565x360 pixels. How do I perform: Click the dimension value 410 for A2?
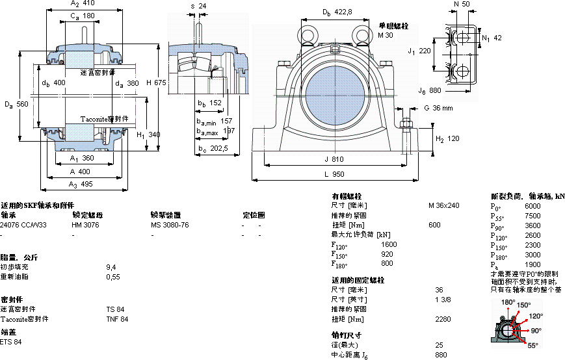click(90, 4)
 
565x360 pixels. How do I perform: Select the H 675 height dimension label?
click(156, 83)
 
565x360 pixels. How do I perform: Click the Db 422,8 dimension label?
click(337, 12)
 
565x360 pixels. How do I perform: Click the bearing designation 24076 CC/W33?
click(23, 224)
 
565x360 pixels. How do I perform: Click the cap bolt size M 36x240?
click(443, 205)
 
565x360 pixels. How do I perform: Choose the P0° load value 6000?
click(532, 206)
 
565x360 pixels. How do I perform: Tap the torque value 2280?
click(443, 319)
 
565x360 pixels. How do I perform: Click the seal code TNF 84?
click(117, 319)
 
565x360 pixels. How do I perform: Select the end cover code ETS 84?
click(11, 342)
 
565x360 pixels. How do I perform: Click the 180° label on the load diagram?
click(507, 303)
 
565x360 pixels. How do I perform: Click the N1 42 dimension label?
click(492, 38)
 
